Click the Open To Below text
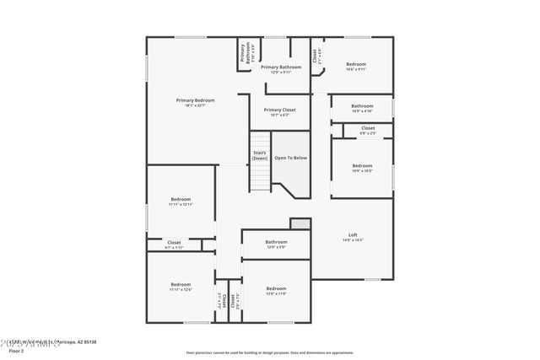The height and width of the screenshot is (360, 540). click(290, 158)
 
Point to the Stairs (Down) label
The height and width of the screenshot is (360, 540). click(260, 155)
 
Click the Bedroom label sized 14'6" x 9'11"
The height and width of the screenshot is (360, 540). click(355, 64)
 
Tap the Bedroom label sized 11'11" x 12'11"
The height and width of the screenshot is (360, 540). click(181, 199)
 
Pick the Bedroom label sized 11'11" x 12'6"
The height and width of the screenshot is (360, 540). click(181, 284)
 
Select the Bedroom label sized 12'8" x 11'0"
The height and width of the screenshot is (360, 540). click(277, 288)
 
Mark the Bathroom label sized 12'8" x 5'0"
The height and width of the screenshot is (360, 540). click(277, 242)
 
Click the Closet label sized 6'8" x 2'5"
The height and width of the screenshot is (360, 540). click(368, 128)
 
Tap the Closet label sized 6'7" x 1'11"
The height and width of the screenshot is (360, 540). click(173, 243)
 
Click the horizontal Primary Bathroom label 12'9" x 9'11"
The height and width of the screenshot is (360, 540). click(281, 67)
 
